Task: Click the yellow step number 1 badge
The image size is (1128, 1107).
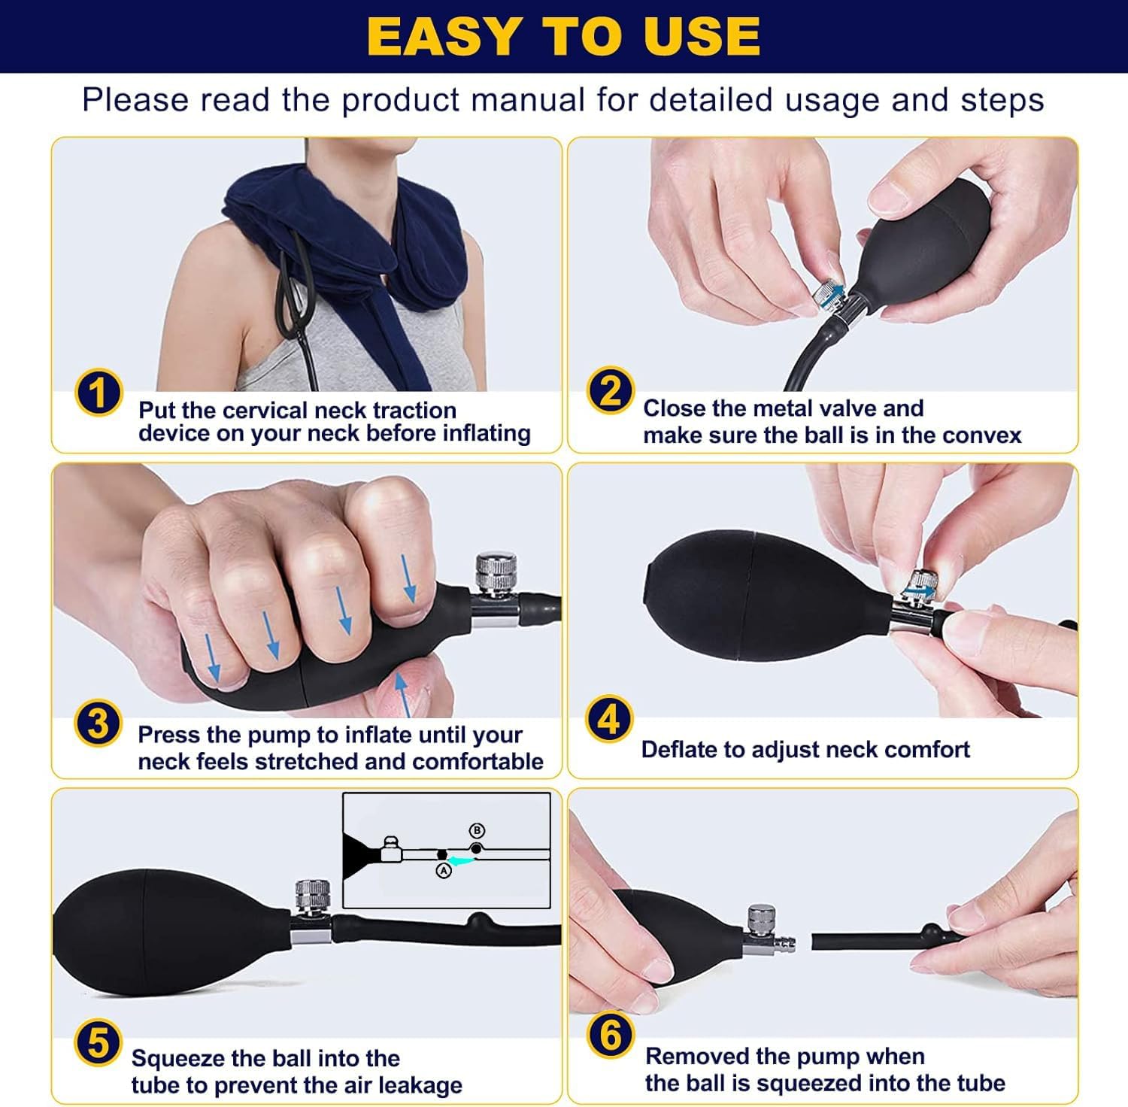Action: [x=99, y=393]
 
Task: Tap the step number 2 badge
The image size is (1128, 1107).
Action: [x=611, y=391]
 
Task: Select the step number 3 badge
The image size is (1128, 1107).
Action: [x=99, y=723]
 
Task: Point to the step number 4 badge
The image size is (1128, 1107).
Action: [x=609, y=719]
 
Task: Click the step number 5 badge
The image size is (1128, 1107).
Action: [x=99, y=1045]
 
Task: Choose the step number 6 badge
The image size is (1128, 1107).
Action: [x=611, y=1036]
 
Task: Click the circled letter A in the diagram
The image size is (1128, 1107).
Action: [x=444, y=870]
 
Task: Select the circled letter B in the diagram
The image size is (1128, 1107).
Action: [x=477, y=831]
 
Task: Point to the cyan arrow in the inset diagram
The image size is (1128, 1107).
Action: [x=459, y=860]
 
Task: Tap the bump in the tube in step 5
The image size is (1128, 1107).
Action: [x=478, y=920]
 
